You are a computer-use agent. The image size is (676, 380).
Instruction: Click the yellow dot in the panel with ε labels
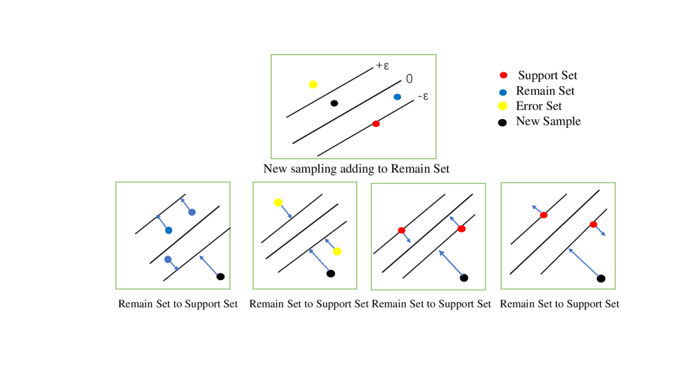pyautogui.click(x=313, y=85)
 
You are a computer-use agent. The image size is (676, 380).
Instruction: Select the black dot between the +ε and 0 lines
pyautogui.click(x=334, y=103)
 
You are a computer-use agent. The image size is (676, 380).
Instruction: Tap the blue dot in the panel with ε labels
pyautogui.click(x=397, y=97)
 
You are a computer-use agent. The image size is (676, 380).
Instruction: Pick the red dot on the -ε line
pyautogui.click(x=376, y=124)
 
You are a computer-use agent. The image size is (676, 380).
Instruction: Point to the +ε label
pyautogui.click(x=383, y=66)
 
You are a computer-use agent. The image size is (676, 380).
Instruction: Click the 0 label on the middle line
pyautogui.click(x=409, y=79)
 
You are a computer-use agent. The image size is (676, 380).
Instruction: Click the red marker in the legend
pyautogui.click(x=503, y=75)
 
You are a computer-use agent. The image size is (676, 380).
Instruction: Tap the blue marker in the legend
pyautogui.click(x=503, y=91)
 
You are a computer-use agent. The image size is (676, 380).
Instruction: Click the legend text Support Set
pyautogui.click(x=547, y=75)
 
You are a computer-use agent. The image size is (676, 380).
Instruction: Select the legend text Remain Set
pyautogui.click(x=544, y=91)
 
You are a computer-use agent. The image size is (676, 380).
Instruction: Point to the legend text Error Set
pyautogui.click(x=538, y=106)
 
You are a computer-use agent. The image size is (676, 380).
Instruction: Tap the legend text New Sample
pyautogui.click(x=548, y=121)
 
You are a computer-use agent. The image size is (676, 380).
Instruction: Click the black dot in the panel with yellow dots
pyautogui.click(x=331, y=273)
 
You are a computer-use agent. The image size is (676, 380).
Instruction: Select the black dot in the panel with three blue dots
pyautogui.click(x=221, y=277)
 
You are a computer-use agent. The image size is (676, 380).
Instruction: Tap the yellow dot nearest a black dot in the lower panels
pyautogui.click(x=337, y=251)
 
